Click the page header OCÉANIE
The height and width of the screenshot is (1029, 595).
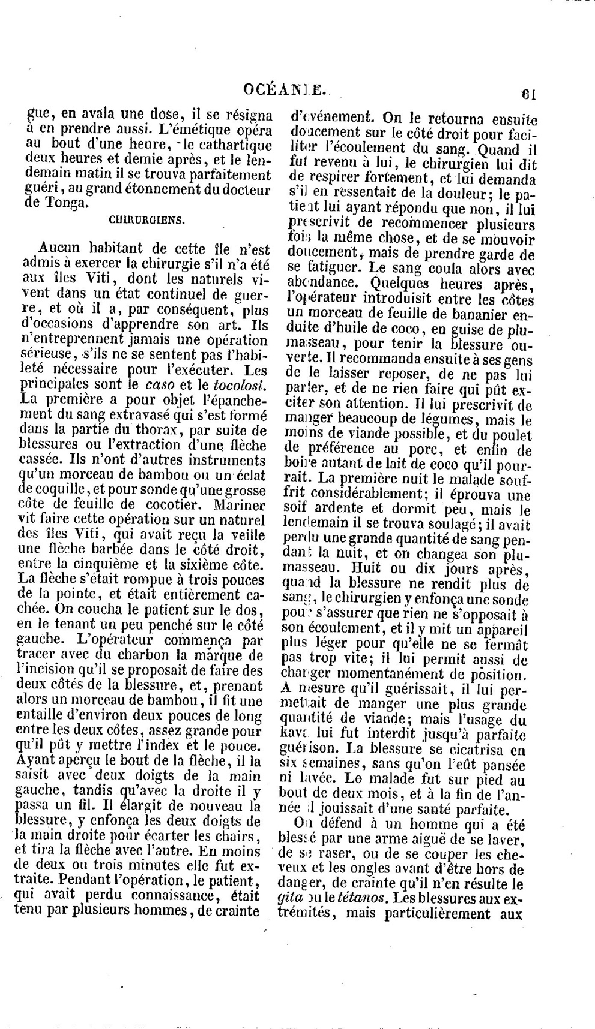point(285,90)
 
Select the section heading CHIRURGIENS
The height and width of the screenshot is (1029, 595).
point(147,220)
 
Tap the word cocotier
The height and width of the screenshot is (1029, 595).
point(161,504)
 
